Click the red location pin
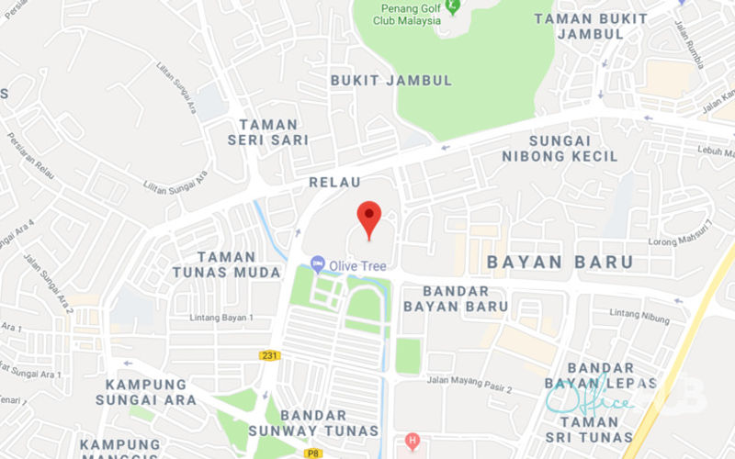pos(368,218)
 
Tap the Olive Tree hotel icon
pos(318,265)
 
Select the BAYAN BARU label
pos(560,262)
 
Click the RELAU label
pos(335,182)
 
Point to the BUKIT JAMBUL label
pos(391,80)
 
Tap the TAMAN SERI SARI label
pos(268,132)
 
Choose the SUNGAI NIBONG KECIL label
pos(560,148)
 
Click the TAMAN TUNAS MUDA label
pos(226,264)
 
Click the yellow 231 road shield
pos(270,355)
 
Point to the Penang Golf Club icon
pos(452,6)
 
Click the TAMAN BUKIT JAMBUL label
pos(590,26)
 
